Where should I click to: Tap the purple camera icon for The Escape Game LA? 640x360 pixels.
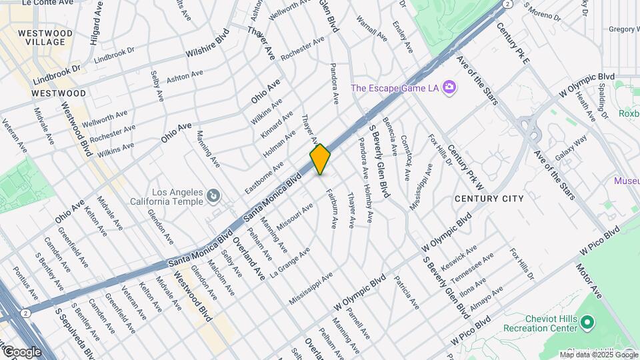(449, 87)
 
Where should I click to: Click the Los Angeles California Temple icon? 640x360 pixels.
(213, 195)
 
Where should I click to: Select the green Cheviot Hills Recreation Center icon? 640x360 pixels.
(587, 323)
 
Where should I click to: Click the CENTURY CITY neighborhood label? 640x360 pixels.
(489, 199)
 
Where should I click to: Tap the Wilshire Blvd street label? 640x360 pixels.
(207, 43)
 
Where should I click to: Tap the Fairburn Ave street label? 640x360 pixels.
(331, 207)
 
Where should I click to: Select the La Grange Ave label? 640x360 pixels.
(289, 263)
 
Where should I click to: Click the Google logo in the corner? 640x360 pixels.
(21, 351)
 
